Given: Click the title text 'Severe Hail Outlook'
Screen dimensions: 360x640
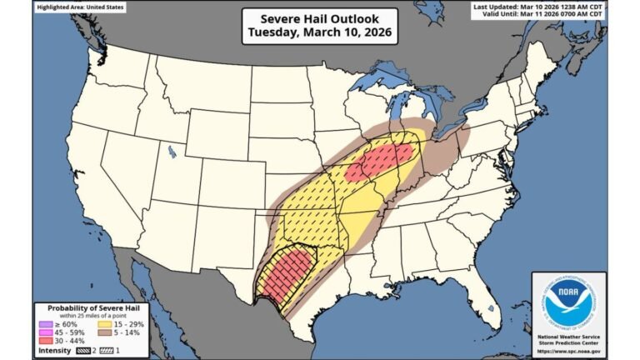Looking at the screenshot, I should [x=320, y=19].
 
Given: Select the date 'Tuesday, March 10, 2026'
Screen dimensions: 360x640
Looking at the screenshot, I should [x=320, y=34].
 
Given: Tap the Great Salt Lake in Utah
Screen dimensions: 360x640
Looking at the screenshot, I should [x=171, y=152].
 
